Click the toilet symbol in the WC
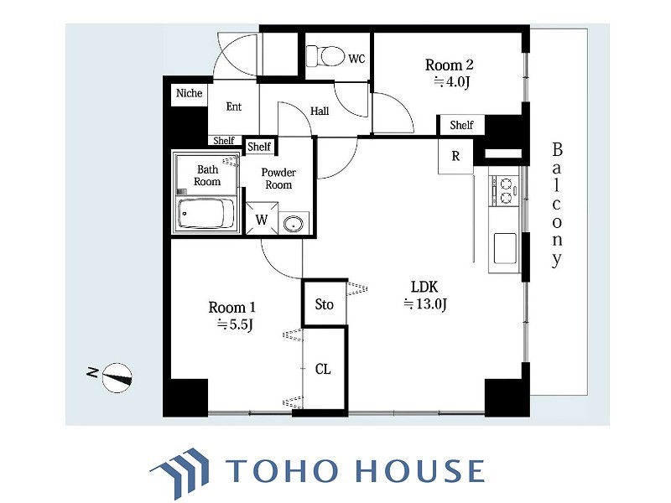tap(325, 55)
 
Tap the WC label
tap(356, 59)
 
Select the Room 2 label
tap(449, 65)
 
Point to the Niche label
tap(190, 93)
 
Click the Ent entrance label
tap(234, 106)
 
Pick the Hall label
tap(320, 111)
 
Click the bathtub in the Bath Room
tap(206, 214)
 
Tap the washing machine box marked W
tap(262, 219)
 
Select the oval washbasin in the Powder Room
tap(293, 224)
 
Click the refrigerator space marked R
tap(455, 156)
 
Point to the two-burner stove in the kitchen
tap(505, 190)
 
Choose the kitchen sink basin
tap(505, 248)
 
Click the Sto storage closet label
tap(324, 304)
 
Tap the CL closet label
tap(323, 369)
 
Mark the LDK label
tap(424, 286)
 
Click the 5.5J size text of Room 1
tap(235, 324)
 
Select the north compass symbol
tap(116, 378)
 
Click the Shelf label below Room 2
tap(461, 125)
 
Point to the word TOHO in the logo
tap(281, 470)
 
